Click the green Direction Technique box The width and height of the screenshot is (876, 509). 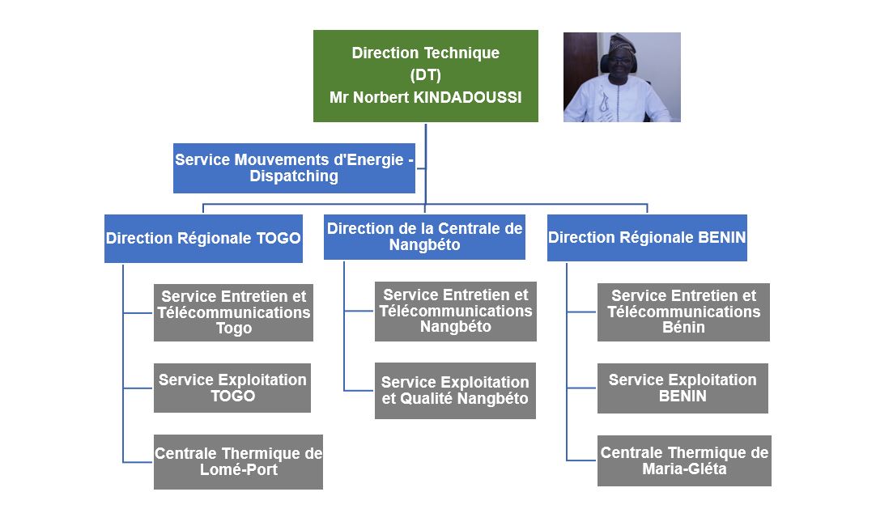426,76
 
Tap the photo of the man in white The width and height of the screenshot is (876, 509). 622,77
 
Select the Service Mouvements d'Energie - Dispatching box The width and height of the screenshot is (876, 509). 294,168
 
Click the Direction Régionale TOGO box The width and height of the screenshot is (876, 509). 203,238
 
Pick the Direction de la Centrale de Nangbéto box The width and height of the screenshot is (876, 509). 424,236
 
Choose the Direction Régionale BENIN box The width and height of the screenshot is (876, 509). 647,238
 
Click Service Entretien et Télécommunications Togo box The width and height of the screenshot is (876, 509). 233,312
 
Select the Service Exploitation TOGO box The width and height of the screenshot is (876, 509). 232,388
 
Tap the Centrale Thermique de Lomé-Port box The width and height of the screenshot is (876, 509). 239,462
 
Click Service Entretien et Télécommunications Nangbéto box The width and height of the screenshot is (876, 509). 456,312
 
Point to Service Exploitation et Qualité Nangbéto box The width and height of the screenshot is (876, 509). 455,391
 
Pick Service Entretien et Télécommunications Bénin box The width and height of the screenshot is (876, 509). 684,312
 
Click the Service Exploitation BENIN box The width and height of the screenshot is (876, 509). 683,388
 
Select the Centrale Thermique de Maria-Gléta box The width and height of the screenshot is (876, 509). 684,461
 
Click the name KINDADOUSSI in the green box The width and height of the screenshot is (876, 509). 467,98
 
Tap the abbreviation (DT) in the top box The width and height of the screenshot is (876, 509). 426,75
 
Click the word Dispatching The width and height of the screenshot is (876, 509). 294,176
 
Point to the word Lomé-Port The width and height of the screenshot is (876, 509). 239,470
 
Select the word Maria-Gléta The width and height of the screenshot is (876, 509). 684,469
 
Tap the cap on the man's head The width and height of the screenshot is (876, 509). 623,43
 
